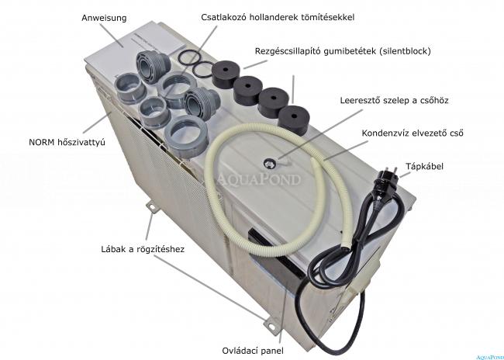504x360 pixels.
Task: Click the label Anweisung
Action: (104, 18)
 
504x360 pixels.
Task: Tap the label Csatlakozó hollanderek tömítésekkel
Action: (278, 17)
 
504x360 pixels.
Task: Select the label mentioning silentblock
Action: (343, 51)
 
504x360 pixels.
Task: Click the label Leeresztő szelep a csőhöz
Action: (394, 100)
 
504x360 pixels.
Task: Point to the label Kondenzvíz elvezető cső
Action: (413, 133)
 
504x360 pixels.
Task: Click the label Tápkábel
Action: (424, 166)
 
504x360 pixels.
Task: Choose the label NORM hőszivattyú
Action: (67, 142)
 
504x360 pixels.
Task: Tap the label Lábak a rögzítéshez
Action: (143, 249)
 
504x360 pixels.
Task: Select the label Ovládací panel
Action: (253, 351)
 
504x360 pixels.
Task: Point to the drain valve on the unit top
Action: (270, 164)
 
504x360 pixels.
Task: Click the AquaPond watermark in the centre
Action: (259, 179)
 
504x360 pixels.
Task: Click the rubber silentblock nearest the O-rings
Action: (226, 74)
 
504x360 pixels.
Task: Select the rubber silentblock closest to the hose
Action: (293, 120)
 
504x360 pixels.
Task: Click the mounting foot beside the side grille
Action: (152, 206)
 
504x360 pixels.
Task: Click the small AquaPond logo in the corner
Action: (489, 357)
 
